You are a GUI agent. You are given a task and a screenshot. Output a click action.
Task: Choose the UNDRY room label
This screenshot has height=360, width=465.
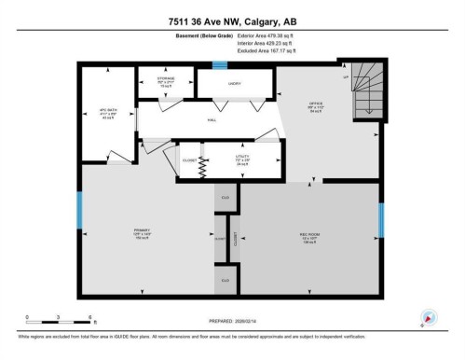point(234,85)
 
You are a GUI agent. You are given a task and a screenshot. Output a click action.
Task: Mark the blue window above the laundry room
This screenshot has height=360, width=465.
point(220,64)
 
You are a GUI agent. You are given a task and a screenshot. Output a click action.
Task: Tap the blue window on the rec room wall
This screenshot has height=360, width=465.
point(380,220)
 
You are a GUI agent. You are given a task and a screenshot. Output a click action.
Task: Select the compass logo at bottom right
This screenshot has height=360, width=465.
point(429,317)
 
